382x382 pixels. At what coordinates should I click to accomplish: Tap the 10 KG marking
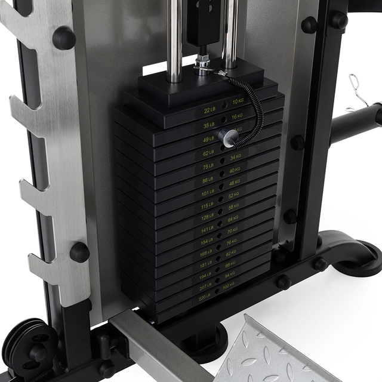[238, 101]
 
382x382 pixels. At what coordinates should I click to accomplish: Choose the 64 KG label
[232, 218]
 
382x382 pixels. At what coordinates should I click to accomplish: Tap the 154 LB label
[205, 242]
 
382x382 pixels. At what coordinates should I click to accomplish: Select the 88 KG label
[230, 263]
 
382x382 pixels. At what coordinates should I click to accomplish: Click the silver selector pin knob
[227, 136]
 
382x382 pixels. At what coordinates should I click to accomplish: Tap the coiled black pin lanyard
[253, 110]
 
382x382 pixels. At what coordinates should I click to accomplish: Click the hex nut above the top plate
[202, 61]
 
